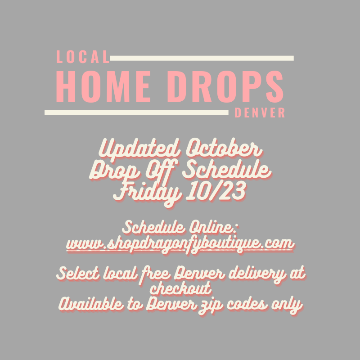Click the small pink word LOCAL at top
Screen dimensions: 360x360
(x=83, y=57)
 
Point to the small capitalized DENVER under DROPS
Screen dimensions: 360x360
(x=260, y=113)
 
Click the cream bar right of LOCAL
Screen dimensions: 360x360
(x=202, y=58)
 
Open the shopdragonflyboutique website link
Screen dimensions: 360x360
(x=180, y=243)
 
